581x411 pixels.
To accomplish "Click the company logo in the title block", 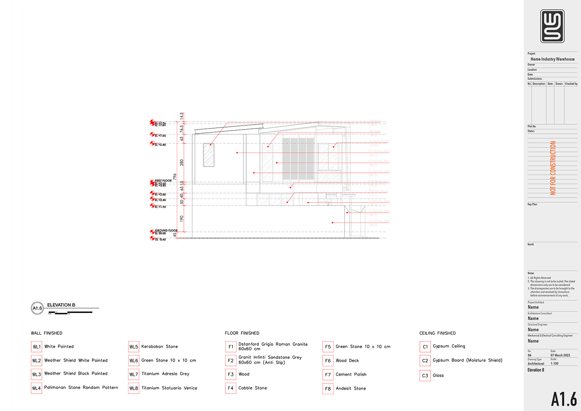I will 552,26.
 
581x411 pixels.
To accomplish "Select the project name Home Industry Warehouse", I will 552,59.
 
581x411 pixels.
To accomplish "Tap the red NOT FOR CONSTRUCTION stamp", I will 553,168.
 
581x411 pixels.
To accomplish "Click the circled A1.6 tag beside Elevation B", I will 37,308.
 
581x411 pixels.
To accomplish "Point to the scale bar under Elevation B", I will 71,313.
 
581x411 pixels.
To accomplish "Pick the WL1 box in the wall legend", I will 37,347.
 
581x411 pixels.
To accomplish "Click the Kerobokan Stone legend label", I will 159,347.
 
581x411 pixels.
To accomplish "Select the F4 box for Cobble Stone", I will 231,388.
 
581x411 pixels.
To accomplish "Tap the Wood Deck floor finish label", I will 347,361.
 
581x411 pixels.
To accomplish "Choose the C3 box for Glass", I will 425,376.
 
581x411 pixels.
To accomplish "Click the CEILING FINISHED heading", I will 437,333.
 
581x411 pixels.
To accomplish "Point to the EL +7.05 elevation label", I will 160,136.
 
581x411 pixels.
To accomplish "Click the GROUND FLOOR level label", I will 166,230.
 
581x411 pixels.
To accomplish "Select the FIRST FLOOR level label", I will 163,181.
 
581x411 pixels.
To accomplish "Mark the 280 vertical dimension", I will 182,163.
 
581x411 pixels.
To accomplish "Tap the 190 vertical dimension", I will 182,219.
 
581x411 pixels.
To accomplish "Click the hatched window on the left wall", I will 209,155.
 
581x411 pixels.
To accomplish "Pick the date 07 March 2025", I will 560,355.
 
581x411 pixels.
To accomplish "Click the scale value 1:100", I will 554,363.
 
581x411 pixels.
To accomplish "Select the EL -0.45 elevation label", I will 160,240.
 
